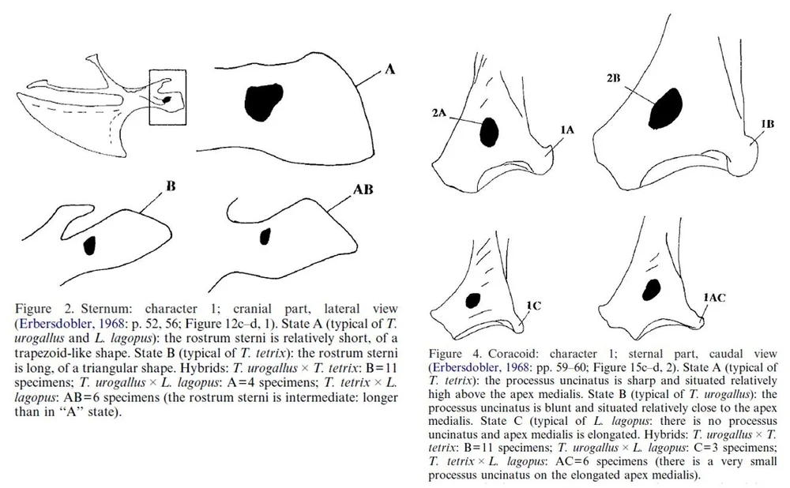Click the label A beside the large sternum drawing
click(x=389, y=70)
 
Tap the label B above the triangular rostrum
click(x=170, y=187)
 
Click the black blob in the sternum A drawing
click(x=263, y=99)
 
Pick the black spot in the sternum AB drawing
click(x=266, y=235)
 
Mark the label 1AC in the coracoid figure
click(x=714, y=296)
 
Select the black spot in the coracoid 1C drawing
click(x=474, y=300)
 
